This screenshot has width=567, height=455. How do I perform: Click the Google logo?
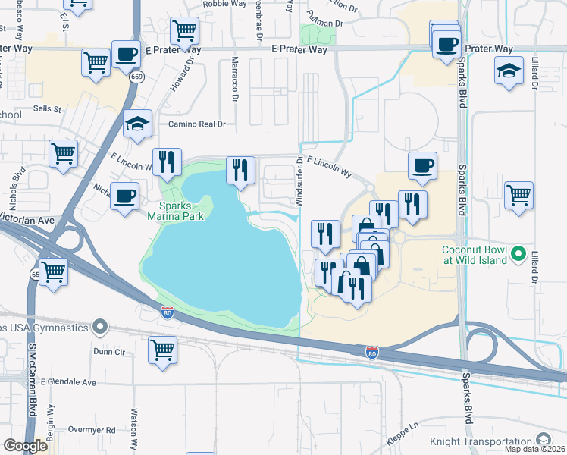click(x=25, y=445)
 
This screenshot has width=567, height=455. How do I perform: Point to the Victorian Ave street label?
click(x=27, y=220)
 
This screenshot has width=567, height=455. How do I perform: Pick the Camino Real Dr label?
click(x=197, y=124)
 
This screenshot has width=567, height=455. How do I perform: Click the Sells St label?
click(x=46, y=109)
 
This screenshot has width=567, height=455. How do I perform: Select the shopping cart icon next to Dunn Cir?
click(x=162, y=350)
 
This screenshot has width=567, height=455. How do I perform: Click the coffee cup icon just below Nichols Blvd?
click(x=124, y=196)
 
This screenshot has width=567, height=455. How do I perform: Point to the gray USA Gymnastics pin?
click(x=100, y=328)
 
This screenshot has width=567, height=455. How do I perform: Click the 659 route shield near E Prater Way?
click(x=137, y=77)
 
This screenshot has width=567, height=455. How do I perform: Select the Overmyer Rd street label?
click(x=89, y=430)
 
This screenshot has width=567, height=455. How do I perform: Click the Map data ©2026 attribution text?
click(x=535, y=449)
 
